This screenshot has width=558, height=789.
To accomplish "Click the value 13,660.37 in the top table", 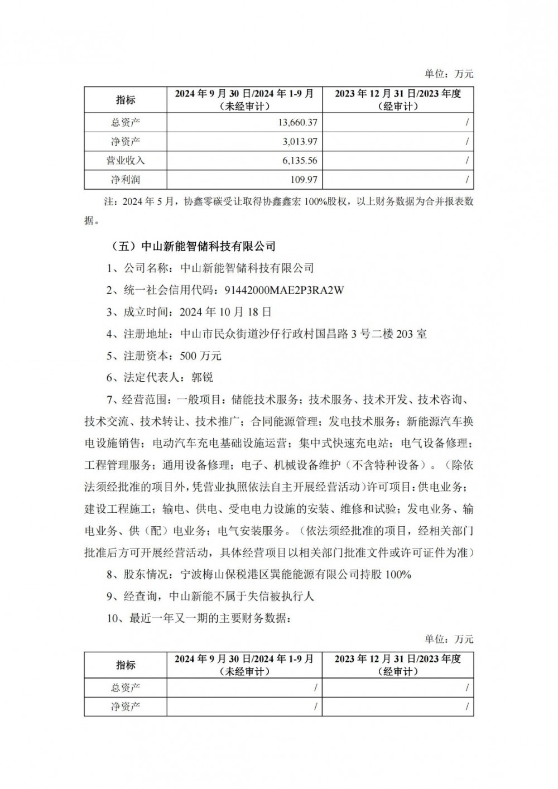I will (x=296, y=122).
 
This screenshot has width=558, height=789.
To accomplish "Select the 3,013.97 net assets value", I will (x=300, y=141).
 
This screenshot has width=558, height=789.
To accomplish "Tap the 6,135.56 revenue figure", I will (x=300, y=160).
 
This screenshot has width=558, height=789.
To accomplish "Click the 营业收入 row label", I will (x=126, y=160).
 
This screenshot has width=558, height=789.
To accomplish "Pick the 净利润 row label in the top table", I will (x=126, y=179).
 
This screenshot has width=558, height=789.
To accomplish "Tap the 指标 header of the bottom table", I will (x=126, y=665).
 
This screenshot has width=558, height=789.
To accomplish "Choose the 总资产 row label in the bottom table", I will (x=126, y=687).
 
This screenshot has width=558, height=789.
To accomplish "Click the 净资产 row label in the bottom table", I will (x=126, y=706).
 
